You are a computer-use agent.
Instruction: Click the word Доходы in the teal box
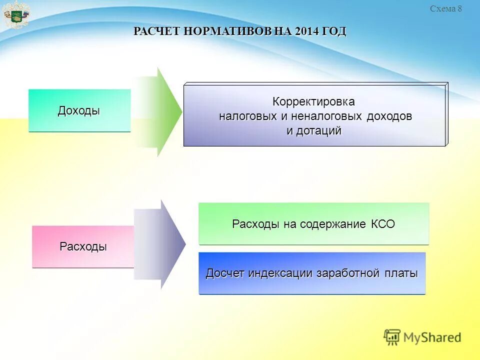pyautogui.click(x=79, y=111)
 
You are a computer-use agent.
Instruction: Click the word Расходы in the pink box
pyautogui.click(x=83, y=246)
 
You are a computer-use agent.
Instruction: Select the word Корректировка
pyautogui.click(x=313, y=102)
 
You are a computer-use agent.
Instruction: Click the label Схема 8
pyautogui.click(x=446, y=8)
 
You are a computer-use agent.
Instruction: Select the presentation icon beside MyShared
pyautogui.click(x=392, y=337)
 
